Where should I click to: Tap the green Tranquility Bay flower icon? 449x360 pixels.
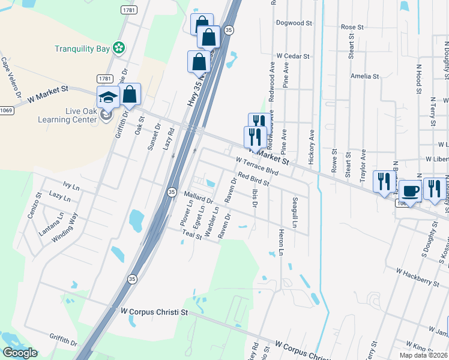pyautogui.click(x=119, y=47)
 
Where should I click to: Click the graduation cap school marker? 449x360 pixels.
pyautogui.click(x=107, y=97)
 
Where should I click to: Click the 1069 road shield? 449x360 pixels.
pyautogui.click(x=6, y=110)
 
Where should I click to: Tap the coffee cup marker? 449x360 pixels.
pyautogui.click(x=411, y=191)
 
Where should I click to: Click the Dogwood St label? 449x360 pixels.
pyautogui.click(x=294, y=23)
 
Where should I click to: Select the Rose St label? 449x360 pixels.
pyautogui.click(x=352, y=27)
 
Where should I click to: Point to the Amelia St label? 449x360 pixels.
pyautogui.click(x=365, y=76)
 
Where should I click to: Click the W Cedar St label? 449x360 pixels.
pyautogui.click(x=292, y=56)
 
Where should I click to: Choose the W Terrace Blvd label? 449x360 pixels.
pyautogui.click(x=258, y=166)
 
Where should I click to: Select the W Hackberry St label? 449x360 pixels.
pyautogui.click(x=418, y=272)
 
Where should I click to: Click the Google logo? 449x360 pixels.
pyautogui.click(x=20, y=353)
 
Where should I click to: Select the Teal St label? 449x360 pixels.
pyautogui.click(x=192, y=236)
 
